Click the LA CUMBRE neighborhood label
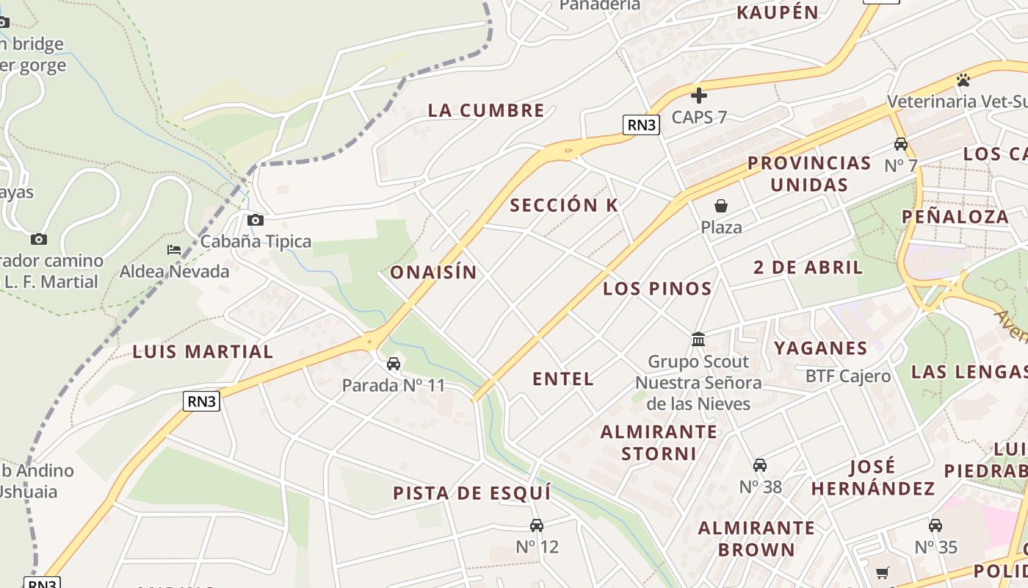[x=486, y=111]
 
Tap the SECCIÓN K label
[x=564, y=206]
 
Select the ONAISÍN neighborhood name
[x=433, y=273]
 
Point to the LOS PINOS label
[x=657, y=289]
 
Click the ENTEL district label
[x=563, y=379]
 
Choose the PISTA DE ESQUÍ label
[x=471, y=493]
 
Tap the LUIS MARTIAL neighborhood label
[x=203, y=352]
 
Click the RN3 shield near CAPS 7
[x=641, y=125]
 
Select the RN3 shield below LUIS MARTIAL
[x=202, y=401]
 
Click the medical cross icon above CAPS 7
[x=699, y=95]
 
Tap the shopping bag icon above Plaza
[x=721, y=205]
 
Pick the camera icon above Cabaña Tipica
[x=256, y=220]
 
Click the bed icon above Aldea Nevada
[x=174, y=250]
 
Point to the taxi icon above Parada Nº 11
[x=394, y=363]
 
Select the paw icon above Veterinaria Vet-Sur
[x=963, y=79]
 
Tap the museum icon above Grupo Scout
[x=698, y=340]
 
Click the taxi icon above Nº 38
[x=760, y=465]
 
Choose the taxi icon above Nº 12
[x=537, y=525]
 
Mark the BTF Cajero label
[x=848, y=376]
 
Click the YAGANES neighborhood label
[x=821, y=348]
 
